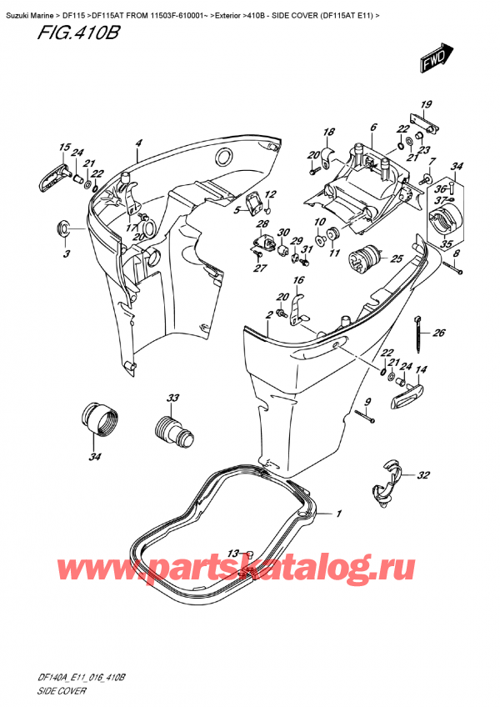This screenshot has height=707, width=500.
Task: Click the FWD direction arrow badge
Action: click(436, 58)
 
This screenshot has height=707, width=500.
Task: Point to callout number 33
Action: click(172, 398)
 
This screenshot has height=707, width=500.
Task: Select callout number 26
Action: click(439, 334)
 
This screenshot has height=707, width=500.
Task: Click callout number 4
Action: click(139, 143)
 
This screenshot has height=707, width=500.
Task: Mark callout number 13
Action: click(232, 553)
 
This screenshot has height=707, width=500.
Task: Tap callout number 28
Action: click(262, 225)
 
